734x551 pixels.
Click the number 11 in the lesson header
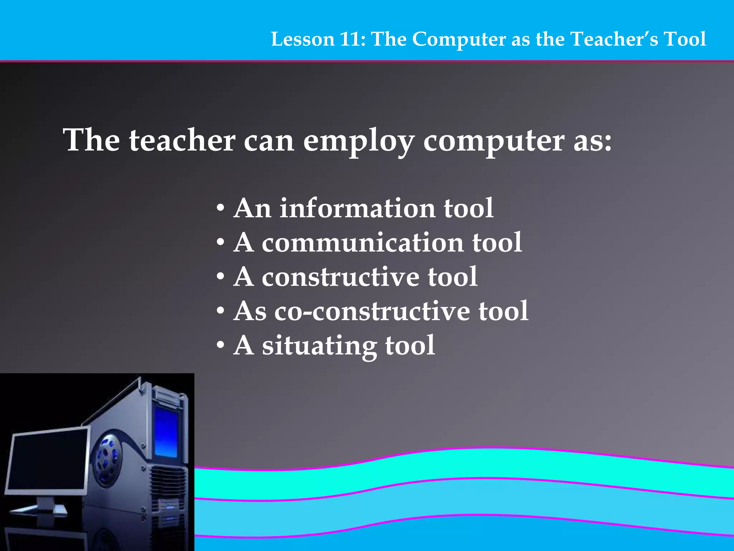[350, 39]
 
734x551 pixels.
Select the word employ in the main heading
[359, 141]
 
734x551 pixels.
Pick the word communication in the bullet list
[362, 242]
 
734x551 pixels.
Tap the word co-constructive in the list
[372, 311]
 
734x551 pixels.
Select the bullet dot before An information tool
[221, 209]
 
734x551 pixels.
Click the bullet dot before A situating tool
[221, 346]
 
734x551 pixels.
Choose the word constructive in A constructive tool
[340, 277]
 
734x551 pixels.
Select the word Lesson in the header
[302, 39]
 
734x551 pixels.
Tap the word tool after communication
[497, 242]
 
